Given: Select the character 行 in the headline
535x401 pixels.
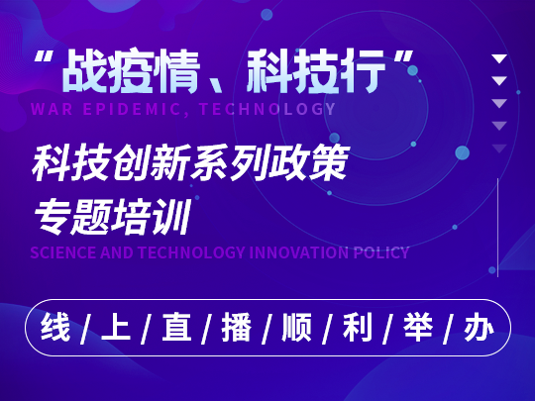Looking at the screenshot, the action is pos(362,71).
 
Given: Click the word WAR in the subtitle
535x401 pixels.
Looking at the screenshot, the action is pos(52,109).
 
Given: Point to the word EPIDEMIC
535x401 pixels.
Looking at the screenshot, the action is pos(132,109).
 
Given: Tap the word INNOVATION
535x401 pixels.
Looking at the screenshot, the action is pos(299,252).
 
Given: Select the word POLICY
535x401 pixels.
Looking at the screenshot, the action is pos(381,252).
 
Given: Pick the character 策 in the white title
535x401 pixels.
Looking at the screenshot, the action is pos(329,162).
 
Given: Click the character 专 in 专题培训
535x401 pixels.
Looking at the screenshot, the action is pos(53,217).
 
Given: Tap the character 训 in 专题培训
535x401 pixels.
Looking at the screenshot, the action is pos(171,217).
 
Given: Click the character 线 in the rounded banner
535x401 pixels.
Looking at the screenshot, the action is pos(55,328).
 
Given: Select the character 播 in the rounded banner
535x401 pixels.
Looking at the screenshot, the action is pos(237,328).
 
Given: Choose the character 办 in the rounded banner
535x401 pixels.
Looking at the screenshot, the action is pos(479,328).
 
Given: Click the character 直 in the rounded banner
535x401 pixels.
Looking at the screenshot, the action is pos(176,328).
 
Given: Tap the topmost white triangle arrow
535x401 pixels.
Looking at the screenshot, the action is pos(499,58).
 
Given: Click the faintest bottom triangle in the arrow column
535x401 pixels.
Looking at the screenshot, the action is pos(499,149).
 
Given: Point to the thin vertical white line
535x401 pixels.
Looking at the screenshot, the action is pos(497,228).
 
